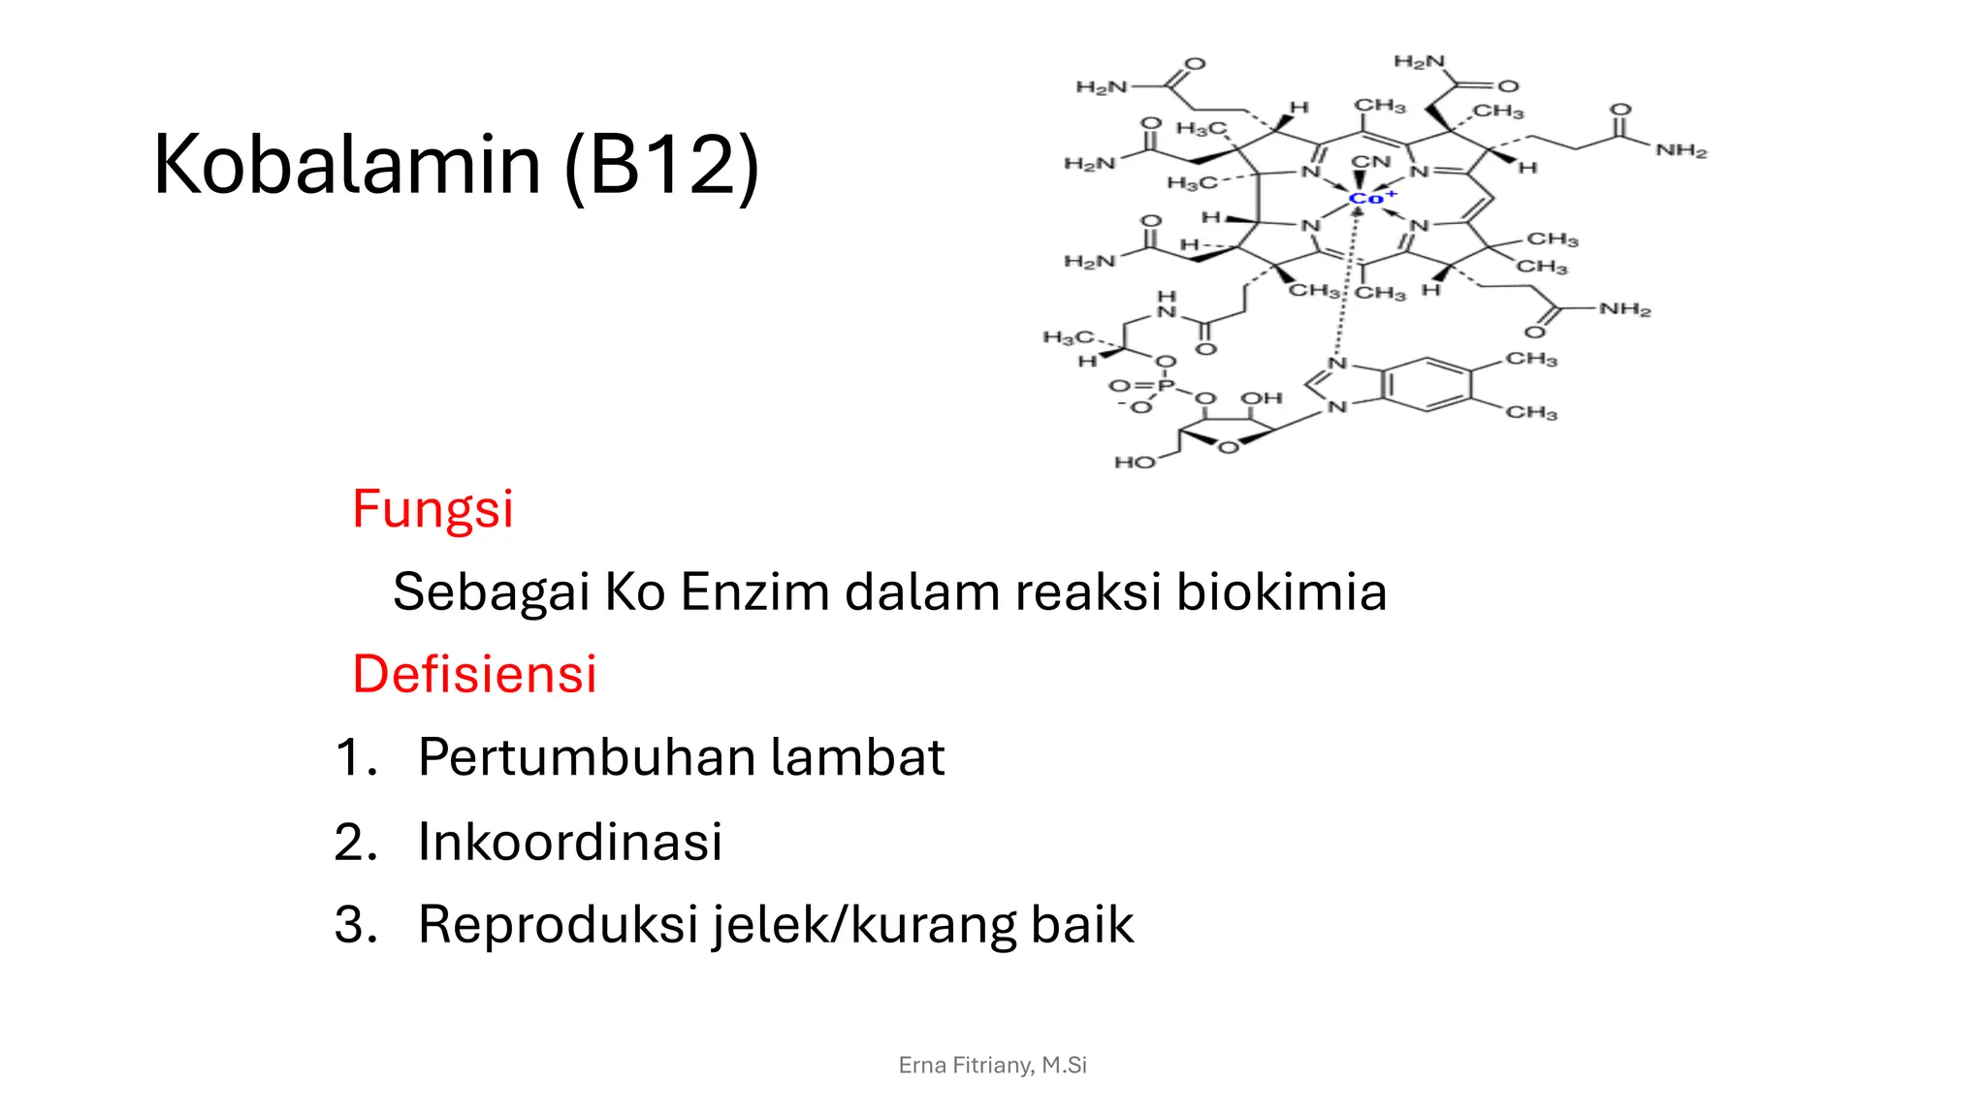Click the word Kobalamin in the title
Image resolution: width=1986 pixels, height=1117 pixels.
pos(347,165)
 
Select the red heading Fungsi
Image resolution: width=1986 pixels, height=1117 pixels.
pos(432,510)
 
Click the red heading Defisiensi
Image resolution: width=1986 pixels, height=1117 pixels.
pos(474,674)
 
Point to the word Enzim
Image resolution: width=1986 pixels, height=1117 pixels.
pos(754,591)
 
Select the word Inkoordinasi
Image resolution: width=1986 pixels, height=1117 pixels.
pos(570,842)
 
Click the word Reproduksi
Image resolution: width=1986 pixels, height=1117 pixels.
pos(559,924)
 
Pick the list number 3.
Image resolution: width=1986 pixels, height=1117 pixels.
pos(355,924)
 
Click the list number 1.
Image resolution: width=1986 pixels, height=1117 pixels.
pos(355,757)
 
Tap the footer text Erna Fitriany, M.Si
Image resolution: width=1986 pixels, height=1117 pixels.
pos(992,1065)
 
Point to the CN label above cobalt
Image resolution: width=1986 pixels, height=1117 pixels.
pos(1370,162)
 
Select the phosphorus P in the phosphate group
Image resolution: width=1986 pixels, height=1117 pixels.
pos(1166,386)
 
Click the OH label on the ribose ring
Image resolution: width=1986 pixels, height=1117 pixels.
pos(1262,399)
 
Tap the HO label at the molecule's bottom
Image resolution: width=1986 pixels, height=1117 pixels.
pos(1134,463)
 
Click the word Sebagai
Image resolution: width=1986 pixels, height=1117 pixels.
pos(491,592)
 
